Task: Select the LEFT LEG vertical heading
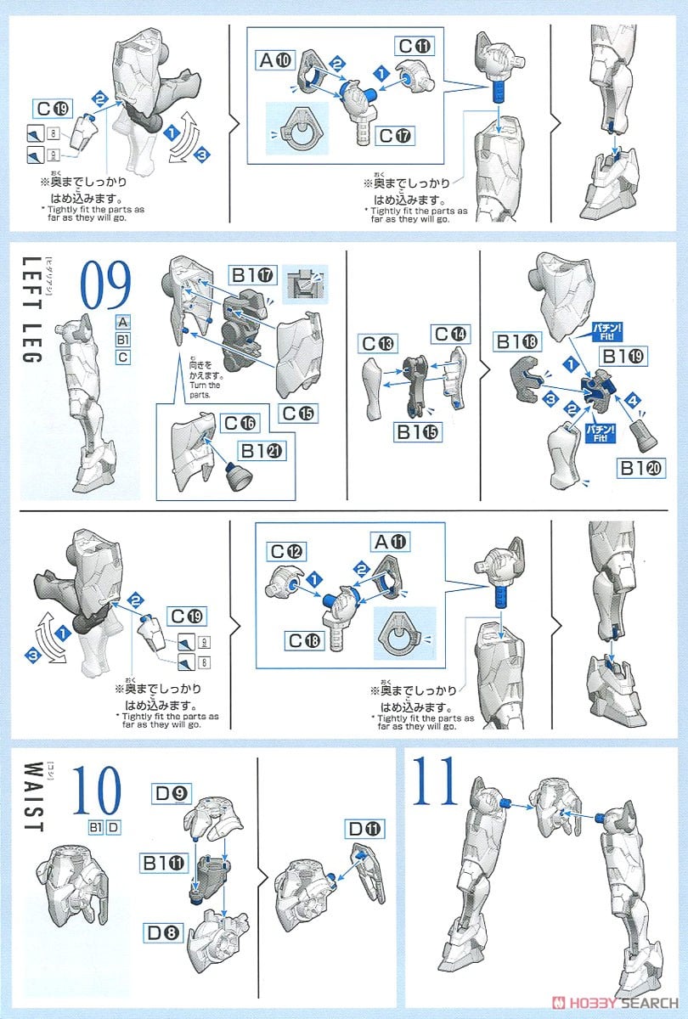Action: pos(29,310)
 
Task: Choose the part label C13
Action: pos(378,343)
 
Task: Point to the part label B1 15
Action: pos(418,432)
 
